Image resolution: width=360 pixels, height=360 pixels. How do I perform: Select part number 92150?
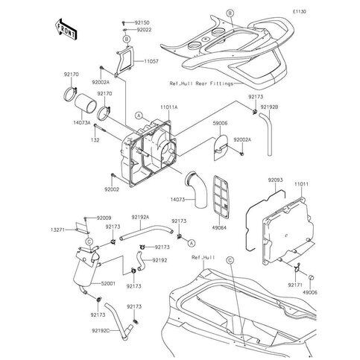[x=141, y=23]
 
